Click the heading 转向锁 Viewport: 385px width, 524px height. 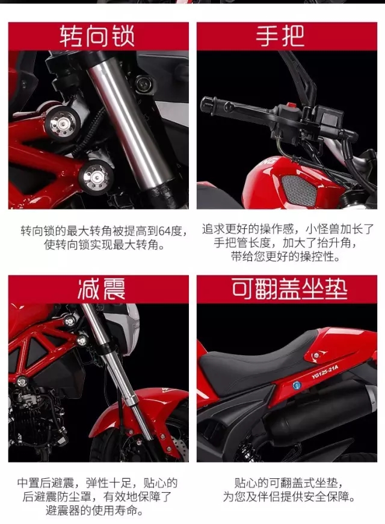pyautogui.click(x=97, y=36)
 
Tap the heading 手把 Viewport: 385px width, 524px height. pyautogui.click(x=280, y=36)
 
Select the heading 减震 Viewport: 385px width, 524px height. pyautogui.click(x=101, y=289)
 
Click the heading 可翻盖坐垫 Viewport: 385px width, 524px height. pyautogui.click(x=289, y=289)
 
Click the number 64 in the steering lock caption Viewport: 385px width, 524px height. pyautogui.click(x=164, y=231)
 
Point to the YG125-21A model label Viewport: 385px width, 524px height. pyautogui.click(x=325, y=372)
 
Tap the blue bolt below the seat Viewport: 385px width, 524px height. pyautogui.click(x=296, y=385)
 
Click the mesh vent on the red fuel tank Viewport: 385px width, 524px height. pyautogui.click(x=298, y=189)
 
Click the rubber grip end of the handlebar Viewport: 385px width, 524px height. pyautogui.click(x=209, y=104)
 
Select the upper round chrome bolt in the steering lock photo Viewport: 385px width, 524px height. pyautogui.click(x=62, y=123)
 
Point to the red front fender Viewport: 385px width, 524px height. pyautogui.click(x=140, y=411)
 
